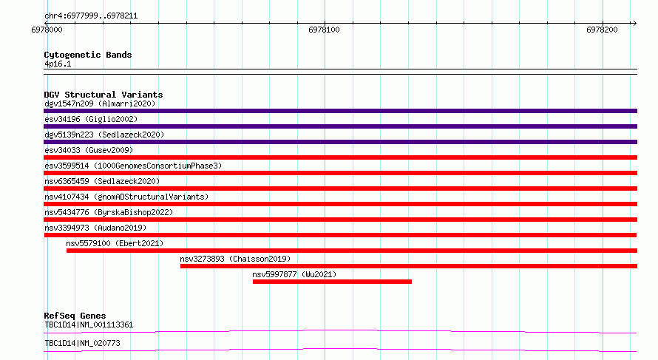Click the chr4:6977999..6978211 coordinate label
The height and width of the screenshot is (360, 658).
(x=91, y=16)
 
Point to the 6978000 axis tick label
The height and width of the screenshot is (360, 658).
(x=47, y=30)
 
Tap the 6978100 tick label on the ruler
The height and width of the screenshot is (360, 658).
(x=324, y=30)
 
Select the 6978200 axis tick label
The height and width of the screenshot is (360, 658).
(x=603, y=30)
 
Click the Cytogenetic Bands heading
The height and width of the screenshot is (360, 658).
(x=88, y=55)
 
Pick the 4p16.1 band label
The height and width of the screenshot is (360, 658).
(x=58, y=64)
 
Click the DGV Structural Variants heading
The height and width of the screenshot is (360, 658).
(x=104, y=95)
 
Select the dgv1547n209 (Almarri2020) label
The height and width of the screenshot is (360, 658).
(x=100, y=103)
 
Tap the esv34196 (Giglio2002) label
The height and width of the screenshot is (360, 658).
(x=91, y=119)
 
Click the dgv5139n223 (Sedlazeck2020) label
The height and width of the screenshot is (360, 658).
(x=104, y=135)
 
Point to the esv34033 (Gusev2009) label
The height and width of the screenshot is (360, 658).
(x=89, y=150)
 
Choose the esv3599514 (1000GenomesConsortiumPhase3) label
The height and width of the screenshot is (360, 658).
(x=133, y=166)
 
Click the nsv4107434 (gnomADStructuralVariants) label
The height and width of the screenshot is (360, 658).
(x=126, y=197)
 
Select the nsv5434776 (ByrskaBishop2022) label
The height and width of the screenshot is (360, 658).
(x=109, y=212)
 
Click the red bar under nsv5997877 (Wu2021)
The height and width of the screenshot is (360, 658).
(x=333, y=282)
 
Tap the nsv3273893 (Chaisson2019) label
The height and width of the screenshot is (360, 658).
(x=235, y=259)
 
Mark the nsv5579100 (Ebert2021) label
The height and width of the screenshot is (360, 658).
(x=115, y=243)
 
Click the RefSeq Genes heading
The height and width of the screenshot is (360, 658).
(x=75, y=316)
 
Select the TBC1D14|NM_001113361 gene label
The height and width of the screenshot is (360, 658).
(x=89, y=325)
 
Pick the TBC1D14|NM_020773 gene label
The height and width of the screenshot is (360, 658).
(x=82, y=343)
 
